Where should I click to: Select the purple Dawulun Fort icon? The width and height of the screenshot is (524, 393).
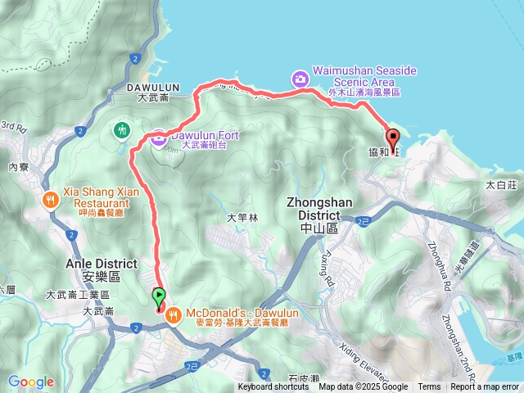tap(158, 139)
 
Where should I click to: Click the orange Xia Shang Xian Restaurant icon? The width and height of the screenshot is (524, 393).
tap(51, 198)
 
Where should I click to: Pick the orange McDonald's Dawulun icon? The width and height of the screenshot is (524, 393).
tap(173, 314)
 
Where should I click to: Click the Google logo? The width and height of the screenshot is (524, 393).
tap(31, 382)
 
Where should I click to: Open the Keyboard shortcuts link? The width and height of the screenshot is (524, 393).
tap(273, 387)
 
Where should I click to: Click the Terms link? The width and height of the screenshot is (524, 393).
tap(429, 387)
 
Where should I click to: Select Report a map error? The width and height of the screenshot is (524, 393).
tap(485, 387)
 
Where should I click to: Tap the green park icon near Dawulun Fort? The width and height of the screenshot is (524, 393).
tap(122, 129)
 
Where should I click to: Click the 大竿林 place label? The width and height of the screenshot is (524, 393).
tap(242, 218)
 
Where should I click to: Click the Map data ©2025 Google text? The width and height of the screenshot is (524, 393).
tap(364, 387)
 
